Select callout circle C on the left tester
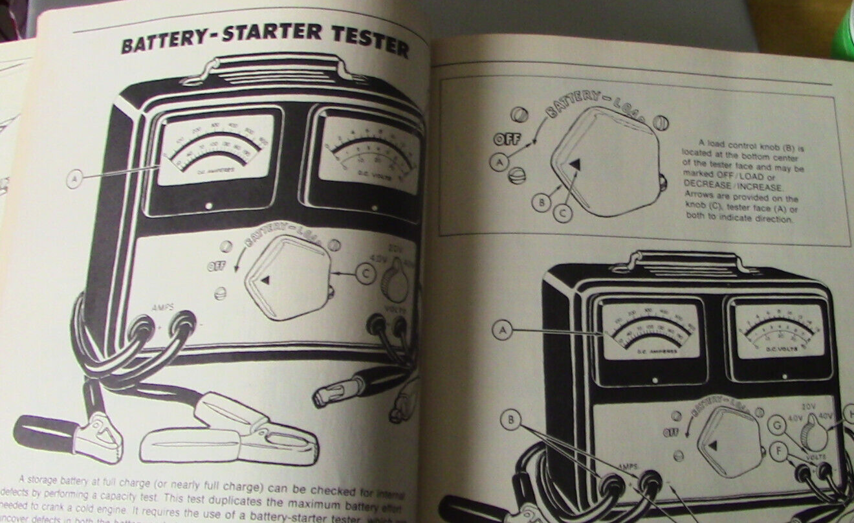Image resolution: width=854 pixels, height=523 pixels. (x=366, y=274)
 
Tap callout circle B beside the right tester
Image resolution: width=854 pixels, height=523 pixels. (x=512, y=421)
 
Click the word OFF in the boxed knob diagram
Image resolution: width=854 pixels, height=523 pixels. (x=508, y=139)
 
